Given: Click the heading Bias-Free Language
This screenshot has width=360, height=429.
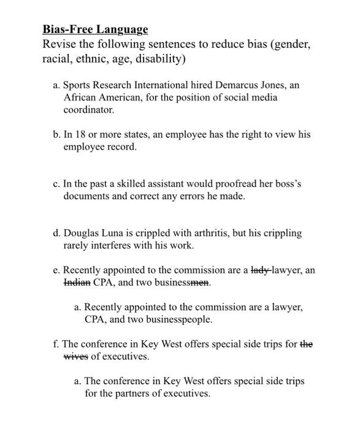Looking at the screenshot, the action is (x=95, y=29).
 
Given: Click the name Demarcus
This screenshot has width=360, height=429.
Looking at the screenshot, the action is (x=224, y=85).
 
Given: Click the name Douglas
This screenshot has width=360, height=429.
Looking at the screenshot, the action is (x=82, y=233).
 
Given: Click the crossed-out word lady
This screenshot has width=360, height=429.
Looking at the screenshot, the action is (x=259, y=270).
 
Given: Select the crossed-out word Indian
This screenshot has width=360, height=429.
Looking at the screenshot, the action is (x=77, y=283).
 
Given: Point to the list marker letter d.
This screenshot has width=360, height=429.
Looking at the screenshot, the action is (x=56, y=233).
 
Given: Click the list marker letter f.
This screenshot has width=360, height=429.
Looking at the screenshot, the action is (x=55, y=344).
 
